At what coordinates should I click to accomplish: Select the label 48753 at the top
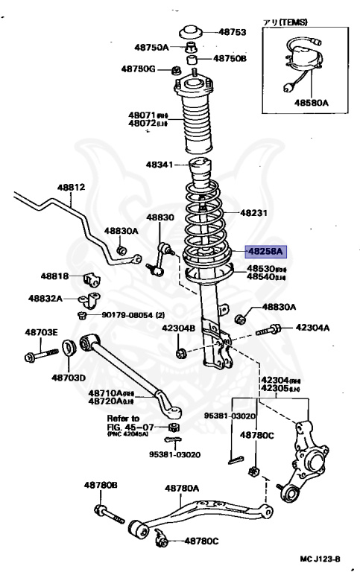click(231, 32)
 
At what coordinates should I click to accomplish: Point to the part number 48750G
click(139, 69)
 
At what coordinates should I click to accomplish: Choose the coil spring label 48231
click(253, 212)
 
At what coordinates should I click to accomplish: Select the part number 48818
click(55, 276)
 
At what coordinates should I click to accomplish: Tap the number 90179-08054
click(128, 315)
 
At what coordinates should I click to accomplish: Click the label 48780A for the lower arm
click(183, 488)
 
